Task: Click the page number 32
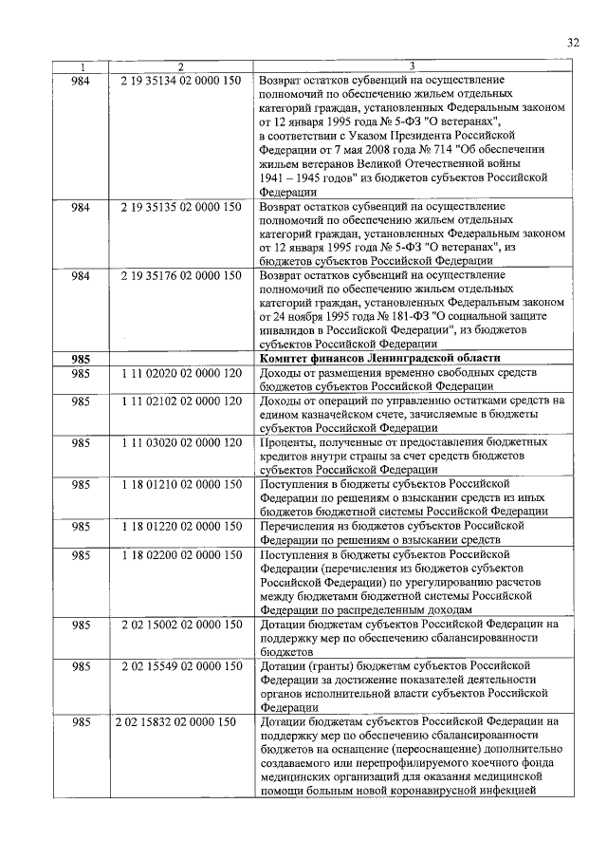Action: pyautogui.click(x=572, y=42)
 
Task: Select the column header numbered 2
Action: pyautogui.click(x=180, y=66)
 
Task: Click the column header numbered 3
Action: pyautogui.click(x=413, y=66)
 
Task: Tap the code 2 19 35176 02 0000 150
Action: pyautogui.click(x=181, y=276)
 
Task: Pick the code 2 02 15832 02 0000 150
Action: pyautogui.click(x=175, y=721)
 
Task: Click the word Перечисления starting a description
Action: pyautogui.click(x=296, y=525)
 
